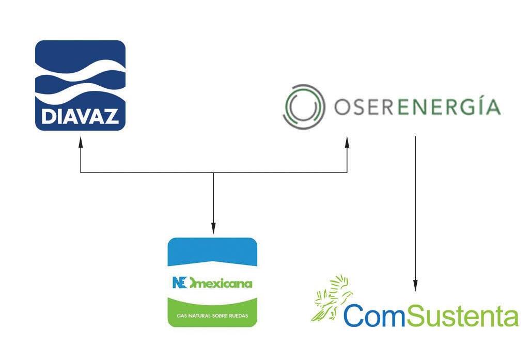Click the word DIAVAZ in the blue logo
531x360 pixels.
click(x=80, y=116)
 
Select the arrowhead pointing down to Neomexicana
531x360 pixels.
click(x=213, y=229)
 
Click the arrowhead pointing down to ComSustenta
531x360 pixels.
click(x=415, y=286)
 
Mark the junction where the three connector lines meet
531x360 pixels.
click(x=213, y=173)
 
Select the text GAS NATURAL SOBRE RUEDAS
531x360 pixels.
click(x=213, y=315)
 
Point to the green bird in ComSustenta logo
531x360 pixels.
click(x=331, y=297)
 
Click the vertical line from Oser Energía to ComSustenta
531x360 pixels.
click(x=415, y=207)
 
